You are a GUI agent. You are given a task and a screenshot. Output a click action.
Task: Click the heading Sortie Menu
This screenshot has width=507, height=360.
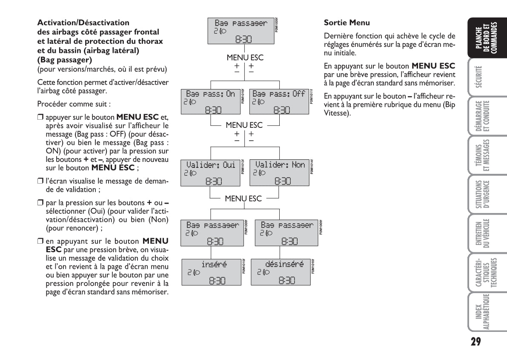[x=347, y=23]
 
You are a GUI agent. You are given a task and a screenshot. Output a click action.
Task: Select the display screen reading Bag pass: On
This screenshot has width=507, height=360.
[x=211, y=101]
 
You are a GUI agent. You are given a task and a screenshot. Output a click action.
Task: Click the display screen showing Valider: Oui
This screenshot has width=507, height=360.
[x=211, y=173]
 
